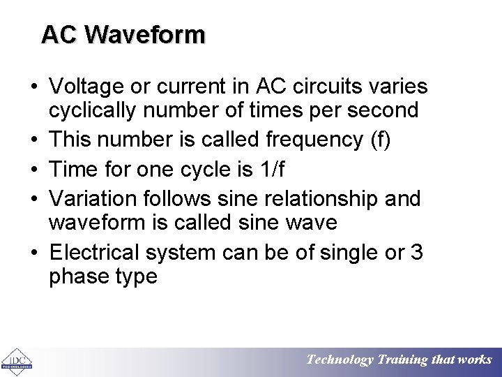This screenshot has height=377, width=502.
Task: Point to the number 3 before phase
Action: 417,252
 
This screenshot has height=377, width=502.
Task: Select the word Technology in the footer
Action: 340,360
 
